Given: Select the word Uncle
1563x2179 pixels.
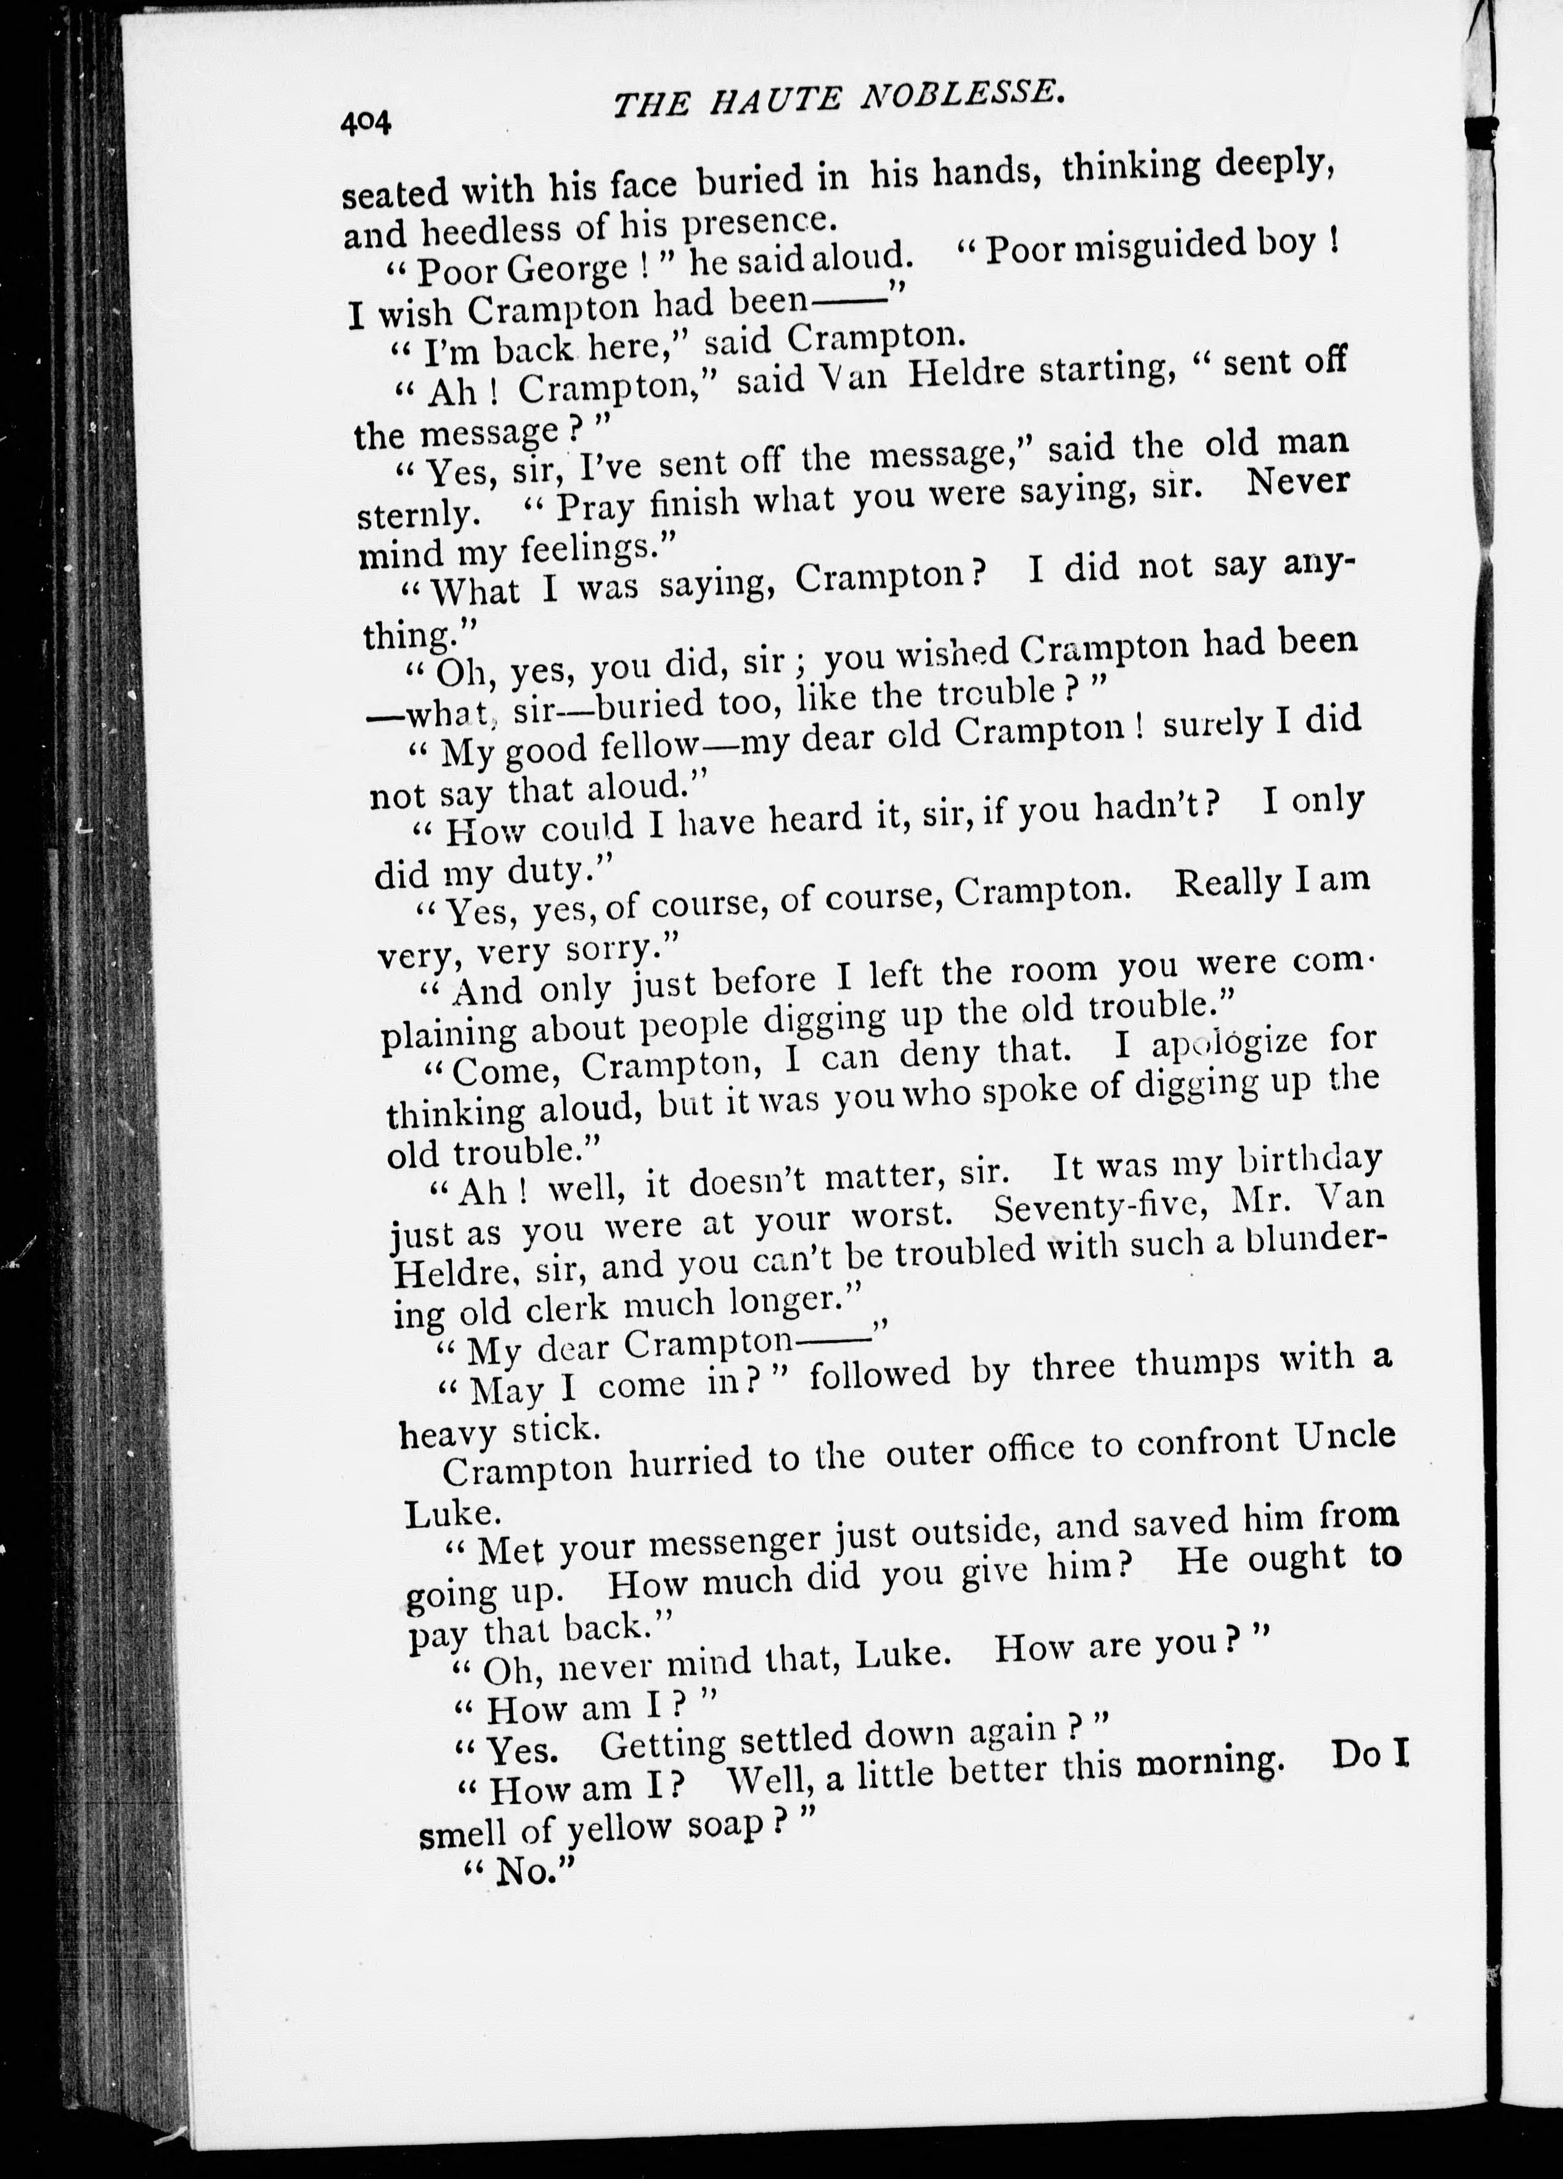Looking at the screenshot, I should (x=1344, y=1438).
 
